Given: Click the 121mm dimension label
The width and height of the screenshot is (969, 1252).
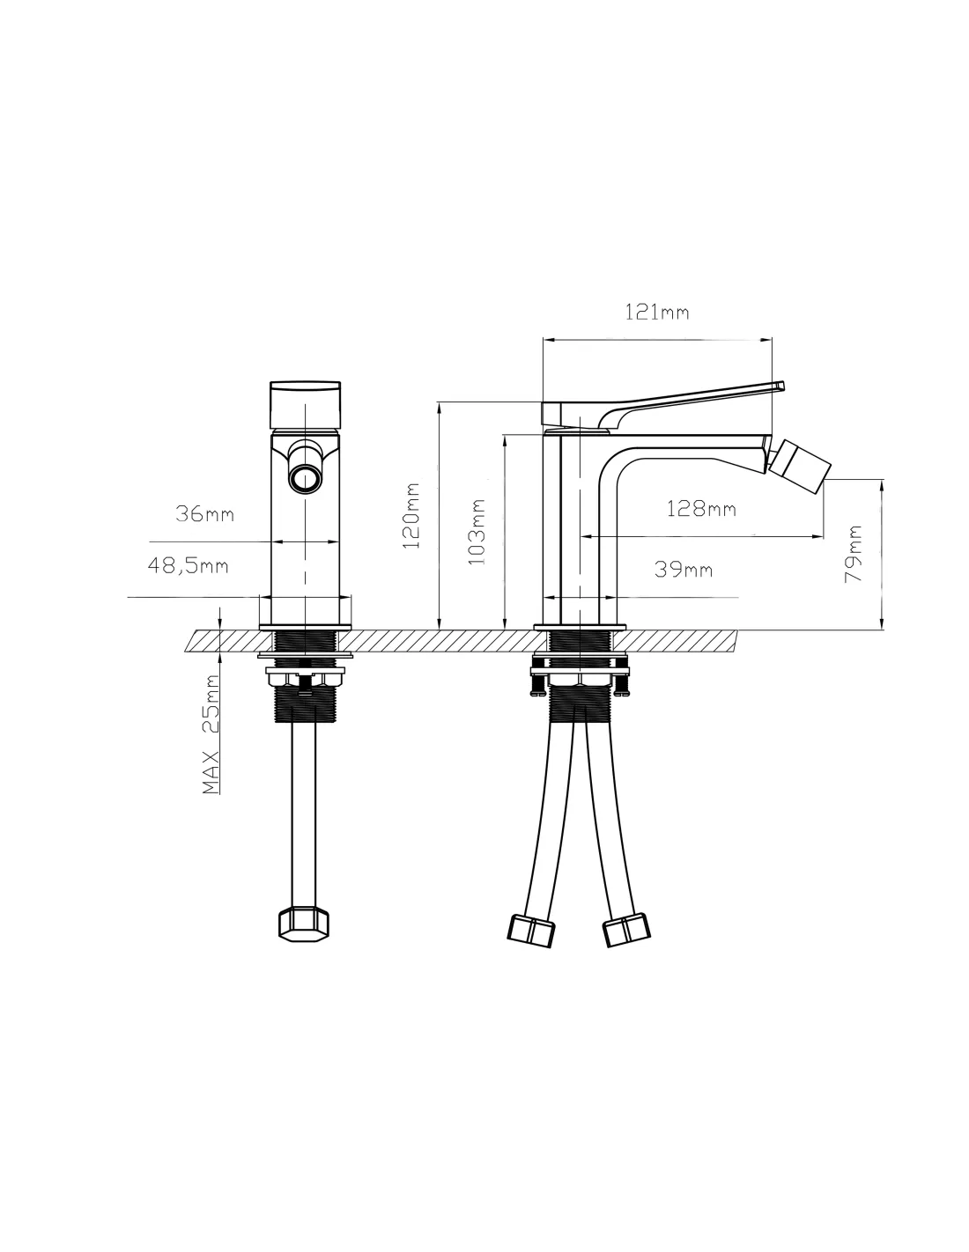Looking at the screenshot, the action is (x=656, y=313).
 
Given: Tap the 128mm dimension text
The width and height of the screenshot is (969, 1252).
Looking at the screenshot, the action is (x=701, y=509).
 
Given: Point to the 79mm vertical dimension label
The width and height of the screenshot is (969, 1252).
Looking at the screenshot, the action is (x=853, y=554).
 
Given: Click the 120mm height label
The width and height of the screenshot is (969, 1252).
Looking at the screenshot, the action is (x=411, y=516).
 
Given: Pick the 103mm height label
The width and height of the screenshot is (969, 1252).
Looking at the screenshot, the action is (x=477, y=532).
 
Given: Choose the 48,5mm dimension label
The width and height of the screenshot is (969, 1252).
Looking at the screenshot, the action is (x=188, y=566).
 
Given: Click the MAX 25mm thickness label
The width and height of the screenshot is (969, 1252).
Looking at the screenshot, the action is (x=211, y=734).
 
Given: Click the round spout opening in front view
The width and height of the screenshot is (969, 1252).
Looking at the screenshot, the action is (x=305, y=479).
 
